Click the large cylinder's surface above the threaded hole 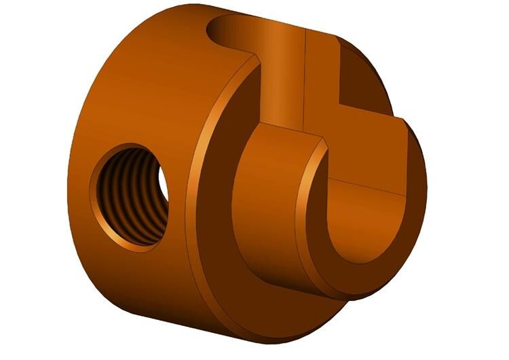(x=136, y=88)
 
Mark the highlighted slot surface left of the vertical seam (x=282, y=75)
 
